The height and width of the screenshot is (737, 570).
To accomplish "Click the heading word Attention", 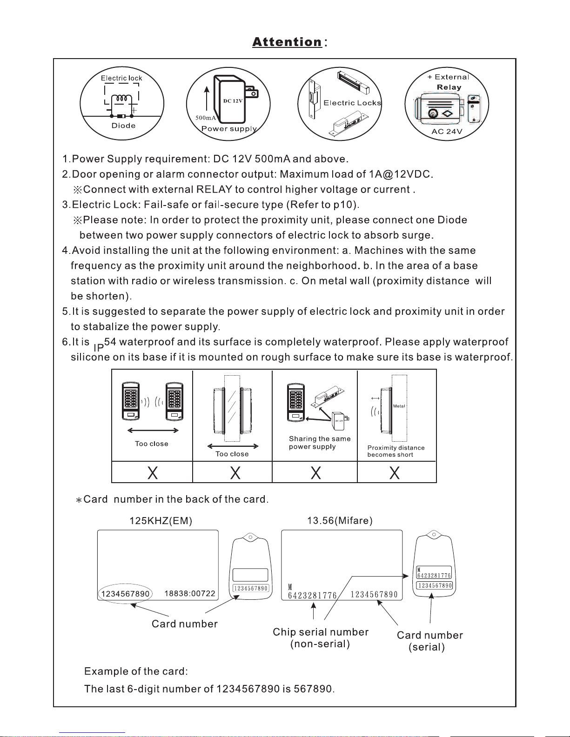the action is [x=287, y=42].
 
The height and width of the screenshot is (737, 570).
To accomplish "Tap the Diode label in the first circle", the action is [x=123, y=126].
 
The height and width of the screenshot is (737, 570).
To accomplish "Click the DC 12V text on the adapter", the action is [x=233, y=101].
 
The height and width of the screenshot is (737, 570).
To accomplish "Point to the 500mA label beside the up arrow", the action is [x=206, y=118].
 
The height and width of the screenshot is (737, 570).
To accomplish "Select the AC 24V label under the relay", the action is [x=447, y=132].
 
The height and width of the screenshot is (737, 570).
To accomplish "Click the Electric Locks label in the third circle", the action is [x=352, y=103].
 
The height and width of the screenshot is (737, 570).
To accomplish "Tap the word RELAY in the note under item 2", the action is [x=214, y=189].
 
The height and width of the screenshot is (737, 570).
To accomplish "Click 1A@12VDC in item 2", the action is [x=400, y=174].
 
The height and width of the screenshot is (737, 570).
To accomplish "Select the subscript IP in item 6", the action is [x=98, y=348].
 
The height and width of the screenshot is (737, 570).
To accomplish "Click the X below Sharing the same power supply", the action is [x=315, y=472].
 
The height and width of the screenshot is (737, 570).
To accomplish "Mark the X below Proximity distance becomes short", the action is [x=394, y=472].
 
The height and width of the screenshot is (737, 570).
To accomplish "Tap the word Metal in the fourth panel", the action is [x=399, y=406].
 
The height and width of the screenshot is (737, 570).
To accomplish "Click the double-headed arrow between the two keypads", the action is [x=153, y=431].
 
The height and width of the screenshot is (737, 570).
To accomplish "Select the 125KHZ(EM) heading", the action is [x=161, y=521].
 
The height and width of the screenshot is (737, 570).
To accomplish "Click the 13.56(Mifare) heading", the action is [x=340, y=521].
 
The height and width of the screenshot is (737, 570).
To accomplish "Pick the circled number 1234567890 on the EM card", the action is [x=125, y=594].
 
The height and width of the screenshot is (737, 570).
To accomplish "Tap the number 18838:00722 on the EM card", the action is [x=190, y=593].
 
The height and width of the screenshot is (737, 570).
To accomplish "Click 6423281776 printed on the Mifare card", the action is [x=313, y=596].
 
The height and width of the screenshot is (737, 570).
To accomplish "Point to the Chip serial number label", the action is [x=321, y=632].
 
